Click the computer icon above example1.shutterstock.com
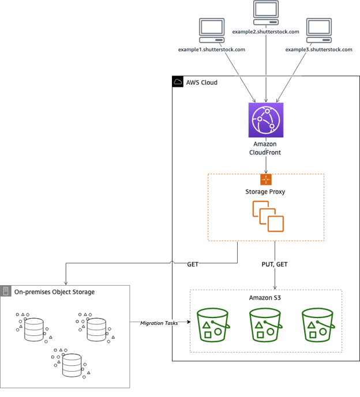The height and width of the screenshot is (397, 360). (x=212, y=30)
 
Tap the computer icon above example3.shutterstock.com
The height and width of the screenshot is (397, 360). (x=318, y=30)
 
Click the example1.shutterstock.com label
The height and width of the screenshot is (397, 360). (x=212, y=50)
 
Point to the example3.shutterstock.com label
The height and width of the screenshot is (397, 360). (x=318, y=50)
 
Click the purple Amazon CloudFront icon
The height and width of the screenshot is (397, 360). (x=265, y=120)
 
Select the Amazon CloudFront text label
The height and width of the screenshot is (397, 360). (x=265, y=148)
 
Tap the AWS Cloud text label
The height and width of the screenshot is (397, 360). (x=201, y=82)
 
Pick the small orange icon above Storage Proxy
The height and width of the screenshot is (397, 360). (x=265, y=180)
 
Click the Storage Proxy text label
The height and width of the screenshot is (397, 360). (x=265, y=191)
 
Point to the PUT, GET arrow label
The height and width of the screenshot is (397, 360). (x=275, y=264)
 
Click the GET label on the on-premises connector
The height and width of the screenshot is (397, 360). (x=193, y=264)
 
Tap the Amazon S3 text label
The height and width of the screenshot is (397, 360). (x=265, y=297)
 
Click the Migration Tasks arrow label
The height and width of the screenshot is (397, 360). (x=159, y=323)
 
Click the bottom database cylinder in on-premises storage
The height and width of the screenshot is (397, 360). (x=72, y=365)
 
